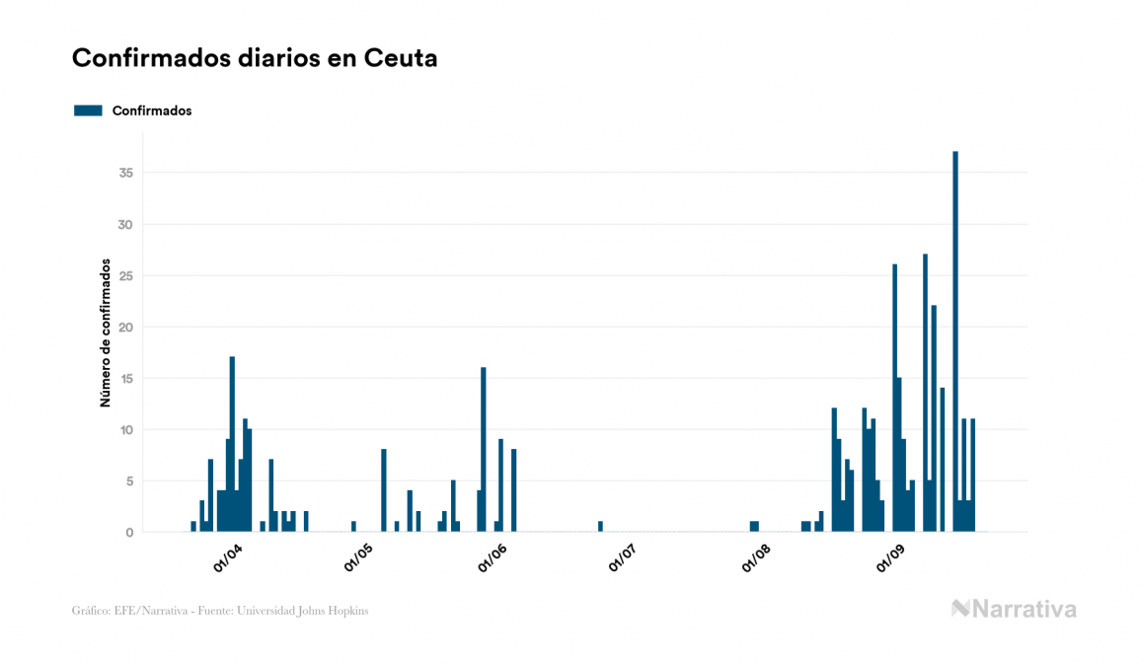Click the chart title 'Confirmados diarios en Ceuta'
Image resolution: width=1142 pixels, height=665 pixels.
[255, 58]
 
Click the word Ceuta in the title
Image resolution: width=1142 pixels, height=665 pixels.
[401, 58]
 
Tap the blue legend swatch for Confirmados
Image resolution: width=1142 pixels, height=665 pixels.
[88, 111]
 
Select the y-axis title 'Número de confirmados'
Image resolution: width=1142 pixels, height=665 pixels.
[105, 332]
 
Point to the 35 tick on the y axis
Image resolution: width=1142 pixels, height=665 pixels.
[125, 173]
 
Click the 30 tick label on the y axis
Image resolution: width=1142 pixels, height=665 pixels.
[125, 224]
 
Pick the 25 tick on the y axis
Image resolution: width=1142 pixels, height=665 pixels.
[125, 275]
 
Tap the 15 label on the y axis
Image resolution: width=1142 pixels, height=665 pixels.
[125, 378]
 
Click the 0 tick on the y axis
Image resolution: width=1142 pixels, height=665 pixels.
[129, 532]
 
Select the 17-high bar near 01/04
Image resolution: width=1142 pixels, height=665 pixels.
[232, 444]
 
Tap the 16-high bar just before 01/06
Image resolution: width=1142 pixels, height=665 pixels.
[484, 449]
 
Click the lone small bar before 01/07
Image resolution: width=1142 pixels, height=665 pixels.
[600, 527]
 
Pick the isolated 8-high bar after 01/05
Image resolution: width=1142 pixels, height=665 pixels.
[384, 490]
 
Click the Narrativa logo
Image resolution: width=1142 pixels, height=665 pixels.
[1014, 609]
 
